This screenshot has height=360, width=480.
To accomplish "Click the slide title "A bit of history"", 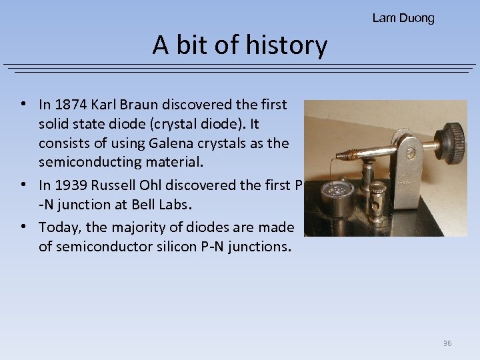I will coord(240,45).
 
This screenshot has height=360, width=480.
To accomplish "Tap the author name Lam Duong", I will coord(403,18).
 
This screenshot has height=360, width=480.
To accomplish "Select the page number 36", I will coord(447,343).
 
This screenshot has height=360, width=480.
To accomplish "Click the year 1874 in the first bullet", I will coord(71,104).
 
